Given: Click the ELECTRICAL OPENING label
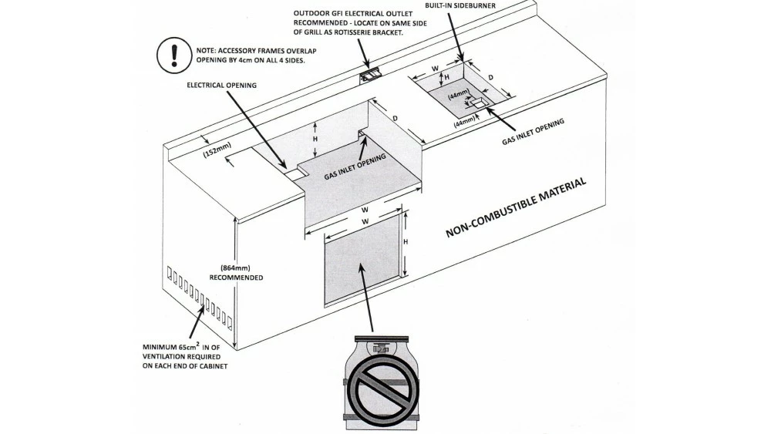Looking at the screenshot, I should [x=222, y=85].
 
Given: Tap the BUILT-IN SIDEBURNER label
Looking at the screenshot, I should [x=460, y=5].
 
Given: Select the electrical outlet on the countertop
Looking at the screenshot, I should [x=372, y=74].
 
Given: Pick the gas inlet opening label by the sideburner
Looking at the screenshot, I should [x=534, y=132].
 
